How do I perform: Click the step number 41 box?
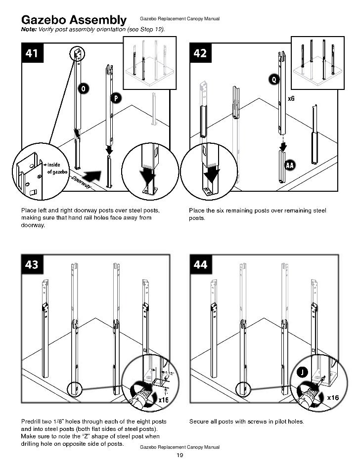point(32,53)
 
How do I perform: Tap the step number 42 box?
point(200,53)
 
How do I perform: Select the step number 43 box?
point(32,265)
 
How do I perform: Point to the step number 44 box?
point(200,265)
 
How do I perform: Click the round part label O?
point(84,88)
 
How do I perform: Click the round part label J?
point(301,372)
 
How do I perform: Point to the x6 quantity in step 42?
point(291,99)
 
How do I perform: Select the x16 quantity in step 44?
point(333,397)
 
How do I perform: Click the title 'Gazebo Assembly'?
point(73,20)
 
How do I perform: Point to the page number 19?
point(180,455)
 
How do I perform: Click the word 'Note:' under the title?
point(29,30)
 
